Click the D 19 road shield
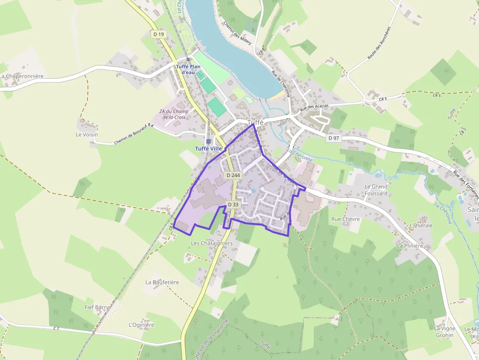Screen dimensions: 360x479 (158, 34)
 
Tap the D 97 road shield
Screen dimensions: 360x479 (333, 138)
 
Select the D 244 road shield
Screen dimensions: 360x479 (233, 175)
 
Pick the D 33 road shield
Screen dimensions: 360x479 (233, 205)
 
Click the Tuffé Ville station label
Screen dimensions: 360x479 (208, 148)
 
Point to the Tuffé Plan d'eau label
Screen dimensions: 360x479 (188, 69)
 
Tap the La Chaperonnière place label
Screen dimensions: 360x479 (22, 76)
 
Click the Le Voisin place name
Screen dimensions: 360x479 (87, 134)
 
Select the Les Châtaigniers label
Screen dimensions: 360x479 (212, 243)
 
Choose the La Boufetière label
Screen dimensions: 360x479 (162, 282)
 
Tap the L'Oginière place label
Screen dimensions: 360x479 (141, 325)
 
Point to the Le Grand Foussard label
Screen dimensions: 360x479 (376, 190)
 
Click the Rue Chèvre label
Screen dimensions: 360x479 (345, 219)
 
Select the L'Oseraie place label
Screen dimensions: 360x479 (422, 225)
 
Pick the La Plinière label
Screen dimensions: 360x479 (410, 246)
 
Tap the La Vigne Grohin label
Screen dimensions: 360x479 (444, 332)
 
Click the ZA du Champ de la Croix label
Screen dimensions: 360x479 (174, 114)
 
